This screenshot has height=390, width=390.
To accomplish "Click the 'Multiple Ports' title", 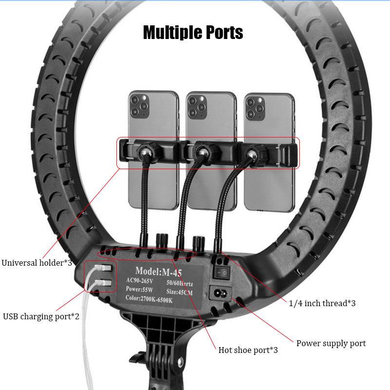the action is click(193, 33).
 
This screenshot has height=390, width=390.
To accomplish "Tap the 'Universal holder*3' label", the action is click(37, 263).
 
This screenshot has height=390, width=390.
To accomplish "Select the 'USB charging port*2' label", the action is click(41, 316).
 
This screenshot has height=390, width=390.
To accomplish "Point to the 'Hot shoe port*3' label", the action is click(248, 350).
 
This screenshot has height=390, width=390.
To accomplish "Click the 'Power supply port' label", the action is click(331, 344).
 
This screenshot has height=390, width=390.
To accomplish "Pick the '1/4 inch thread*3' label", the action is click(322, 303).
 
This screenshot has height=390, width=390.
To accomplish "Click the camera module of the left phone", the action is click(139, 106).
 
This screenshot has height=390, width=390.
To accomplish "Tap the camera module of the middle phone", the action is click(197, 107).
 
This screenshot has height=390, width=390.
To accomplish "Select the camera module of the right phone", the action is click(255, 108).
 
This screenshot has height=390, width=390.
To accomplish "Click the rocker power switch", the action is click(221, 273).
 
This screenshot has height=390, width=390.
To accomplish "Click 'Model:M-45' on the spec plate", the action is click(158, 272).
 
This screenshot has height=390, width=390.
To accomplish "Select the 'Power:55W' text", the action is click(139, 289).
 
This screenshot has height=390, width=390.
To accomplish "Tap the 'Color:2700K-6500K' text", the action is click(149, 299).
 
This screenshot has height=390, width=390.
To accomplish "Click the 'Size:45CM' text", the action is click(179, 292).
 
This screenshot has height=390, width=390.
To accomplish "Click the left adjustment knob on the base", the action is click(162, 240).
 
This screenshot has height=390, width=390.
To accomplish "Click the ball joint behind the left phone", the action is click(145, 152).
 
